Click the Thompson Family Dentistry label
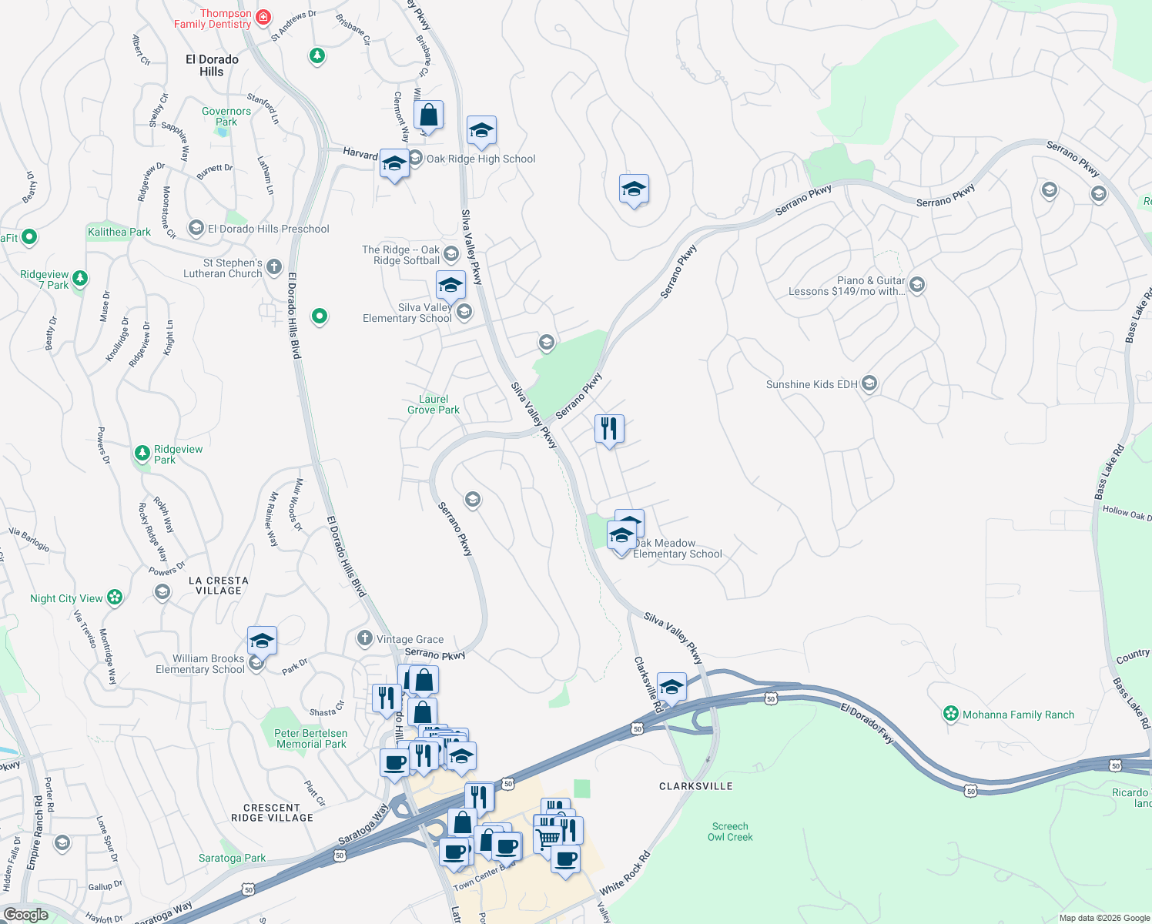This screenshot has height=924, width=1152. click(213, 18)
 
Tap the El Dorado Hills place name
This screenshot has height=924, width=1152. click(212, 65)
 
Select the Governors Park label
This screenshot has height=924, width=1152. click(226, 116)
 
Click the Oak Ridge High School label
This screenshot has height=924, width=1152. click(481, 159)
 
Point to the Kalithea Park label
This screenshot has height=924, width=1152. click(119, 232)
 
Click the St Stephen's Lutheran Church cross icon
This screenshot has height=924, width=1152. click(274, 269)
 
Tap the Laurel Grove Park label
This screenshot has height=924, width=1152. click(434, 404)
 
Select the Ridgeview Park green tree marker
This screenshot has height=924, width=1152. click(142, 454)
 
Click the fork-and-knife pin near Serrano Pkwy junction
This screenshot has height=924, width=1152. click(609, 429)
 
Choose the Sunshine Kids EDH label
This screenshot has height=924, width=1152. click(812, 384)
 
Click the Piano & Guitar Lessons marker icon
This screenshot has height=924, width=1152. click(916, 286)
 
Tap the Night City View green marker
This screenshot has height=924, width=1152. click(115, 598)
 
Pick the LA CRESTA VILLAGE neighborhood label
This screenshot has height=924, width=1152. click(219, 586)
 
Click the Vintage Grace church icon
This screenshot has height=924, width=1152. click(365, 638)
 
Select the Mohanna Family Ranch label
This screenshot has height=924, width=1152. click(1018, 715)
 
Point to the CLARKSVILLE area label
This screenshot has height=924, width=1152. click(696, 786)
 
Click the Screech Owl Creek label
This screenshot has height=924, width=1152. click(730, 832)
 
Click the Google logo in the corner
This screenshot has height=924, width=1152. click(26, 915)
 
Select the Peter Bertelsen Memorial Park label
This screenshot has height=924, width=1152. click(311, 738)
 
